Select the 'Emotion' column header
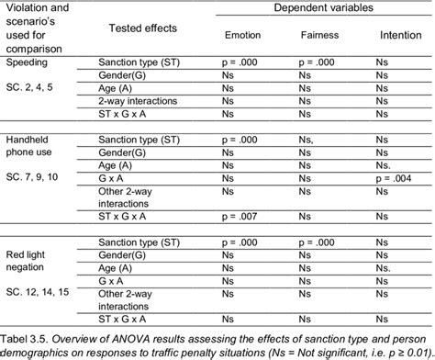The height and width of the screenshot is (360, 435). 242,36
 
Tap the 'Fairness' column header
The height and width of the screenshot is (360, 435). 318,36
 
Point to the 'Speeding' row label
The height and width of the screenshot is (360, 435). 25,63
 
